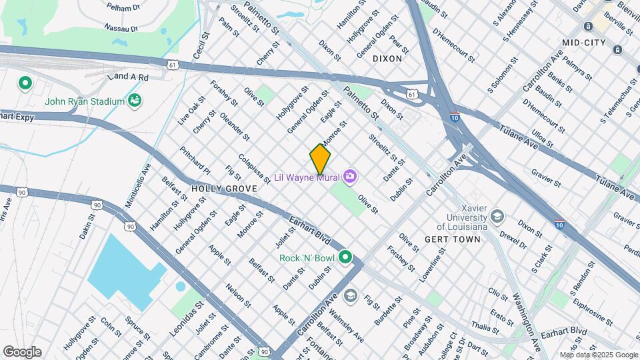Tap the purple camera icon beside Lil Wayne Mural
351,177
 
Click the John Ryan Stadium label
85,101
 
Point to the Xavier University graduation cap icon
497,217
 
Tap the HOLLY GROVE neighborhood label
224,189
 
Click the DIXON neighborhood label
387,58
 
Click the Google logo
22,351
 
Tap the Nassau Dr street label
121,28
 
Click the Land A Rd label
130,77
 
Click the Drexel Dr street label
513,241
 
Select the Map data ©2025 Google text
599,355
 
